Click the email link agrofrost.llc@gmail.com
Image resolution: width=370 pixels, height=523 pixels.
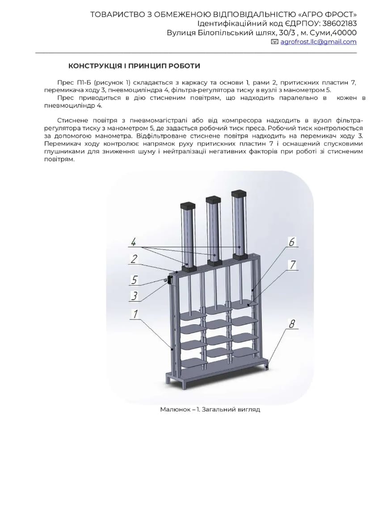318,42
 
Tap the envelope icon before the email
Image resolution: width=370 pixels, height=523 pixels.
275,42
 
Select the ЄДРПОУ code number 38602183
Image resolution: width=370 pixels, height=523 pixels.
339,23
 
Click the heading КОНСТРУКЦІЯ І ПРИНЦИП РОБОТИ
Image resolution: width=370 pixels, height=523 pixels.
134,66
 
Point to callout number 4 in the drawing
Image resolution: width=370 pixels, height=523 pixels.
134,242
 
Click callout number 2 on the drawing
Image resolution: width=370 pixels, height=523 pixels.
134,259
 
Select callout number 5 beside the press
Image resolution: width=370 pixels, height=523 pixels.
134,280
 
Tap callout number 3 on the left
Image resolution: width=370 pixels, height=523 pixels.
134,296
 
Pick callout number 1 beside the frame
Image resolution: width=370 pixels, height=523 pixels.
135,314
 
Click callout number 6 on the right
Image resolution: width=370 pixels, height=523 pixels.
292,242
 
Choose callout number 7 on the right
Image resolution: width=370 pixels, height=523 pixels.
293,265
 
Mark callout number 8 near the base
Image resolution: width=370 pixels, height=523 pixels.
292,323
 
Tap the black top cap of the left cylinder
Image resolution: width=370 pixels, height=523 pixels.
187,205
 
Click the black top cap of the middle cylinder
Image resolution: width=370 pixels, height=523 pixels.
213,200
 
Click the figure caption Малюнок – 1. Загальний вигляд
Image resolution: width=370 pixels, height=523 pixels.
210,409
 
